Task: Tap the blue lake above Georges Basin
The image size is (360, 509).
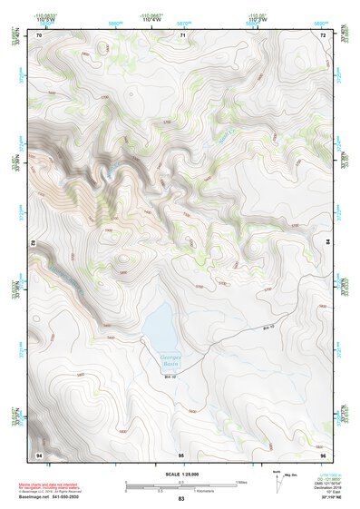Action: point(158,323)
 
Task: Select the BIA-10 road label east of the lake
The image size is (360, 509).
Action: point(267,328)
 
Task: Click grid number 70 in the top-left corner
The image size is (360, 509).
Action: point(39,34)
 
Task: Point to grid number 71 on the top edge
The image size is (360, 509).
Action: point(182,34)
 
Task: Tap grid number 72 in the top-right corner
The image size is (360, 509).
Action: point(323,34)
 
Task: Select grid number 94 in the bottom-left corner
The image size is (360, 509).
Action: point(39,453)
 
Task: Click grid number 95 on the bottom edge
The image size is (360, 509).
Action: point(181,453)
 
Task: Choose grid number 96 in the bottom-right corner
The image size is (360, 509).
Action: point(323,453)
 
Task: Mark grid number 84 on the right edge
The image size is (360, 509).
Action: point(327,242)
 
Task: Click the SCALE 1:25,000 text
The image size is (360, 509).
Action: point(180,473)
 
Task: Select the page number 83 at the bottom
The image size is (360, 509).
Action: point(180,500)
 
